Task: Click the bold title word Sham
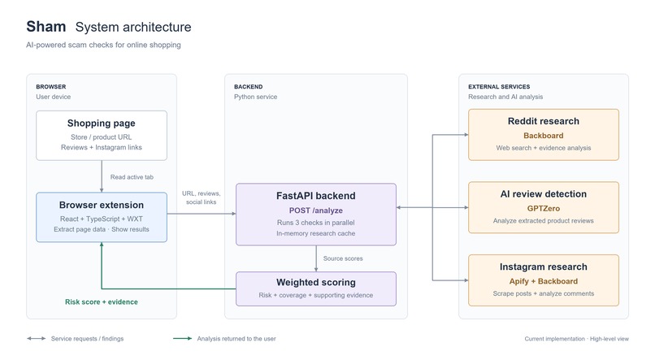pyautogui.click(x=46, y=27)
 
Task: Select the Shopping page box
pyautogui.click(x=102, y=136)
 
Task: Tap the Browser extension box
pyautogui.click(x=102, y=217)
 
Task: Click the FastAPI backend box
pyautogui.click(x=316, y=215)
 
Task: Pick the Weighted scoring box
pyautogui.click(x=316, y=288)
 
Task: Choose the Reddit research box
pyautogui.click(x=544, y=134)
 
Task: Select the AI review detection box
pyautogui.click(x=544, y=207)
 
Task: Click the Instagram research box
pyautogui.click(x=544, y=280)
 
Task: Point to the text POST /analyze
pyautogui.click(x=316, y=210)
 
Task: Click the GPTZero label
pyautogui.click(x=544, y=208)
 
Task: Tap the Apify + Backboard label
pyautogui.click(x=544, y=281)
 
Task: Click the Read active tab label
pyautogui.click(x=132, y=177)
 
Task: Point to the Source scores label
pyautogui.click(x=343, y=258)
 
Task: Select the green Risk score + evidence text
pyautogui.click(x=102, y=302)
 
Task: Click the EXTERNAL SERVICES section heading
pyautogui.click(x=499, y=87)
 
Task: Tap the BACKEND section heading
pyautogui.click(x=248, y=87)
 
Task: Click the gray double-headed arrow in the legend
pyautogui.click(x=37, y=338)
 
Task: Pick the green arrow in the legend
pyautogui.click(x=183, y=338)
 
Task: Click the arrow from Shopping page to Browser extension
pyautogui.click(x=102, y=176)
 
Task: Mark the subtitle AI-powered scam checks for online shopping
pyautogui.click(x=103, y=45)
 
